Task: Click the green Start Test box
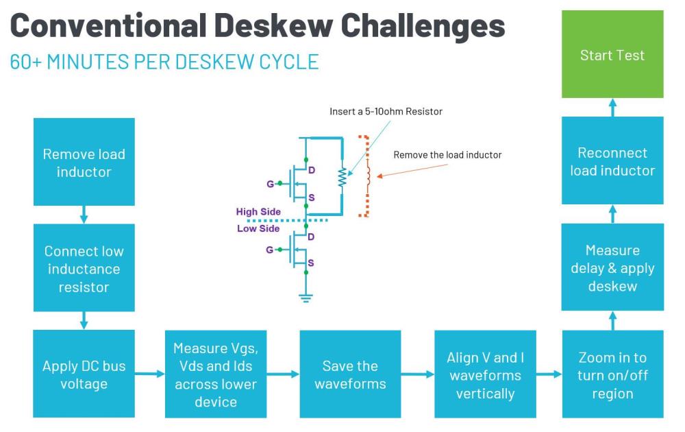coord(612,54)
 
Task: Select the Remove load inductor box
coord(84,162)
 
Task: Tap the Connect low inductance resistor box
coord(84,269)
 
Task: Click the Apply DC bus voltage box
coord(84,374)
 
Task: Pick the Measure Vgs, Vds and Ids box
coord(215,374)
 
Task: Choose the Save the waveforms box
coord(349,374)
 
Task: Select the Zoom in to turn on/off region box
coord(612,374)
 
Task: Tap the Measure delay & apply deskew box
coord(612,267)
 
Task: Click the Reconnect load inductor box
coord(612,160)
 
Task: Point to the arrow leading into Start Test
coord(612,107)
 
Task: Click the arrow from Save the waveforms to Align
coord(417,374)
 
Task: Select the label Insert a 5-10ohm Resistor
coord(386,111)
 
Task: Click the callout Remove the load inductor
coord(447,155)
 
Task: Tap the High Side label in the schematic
coord(258,212)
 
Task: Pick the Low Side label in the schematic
coord(258,228)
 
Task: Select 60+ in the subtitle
coord(24,62)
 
